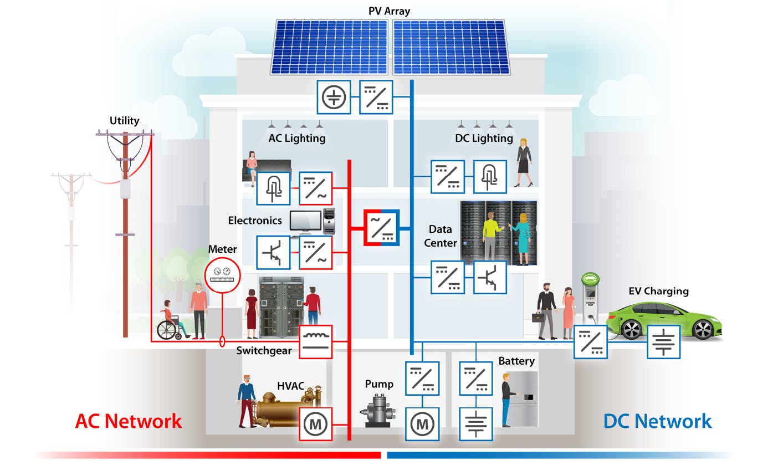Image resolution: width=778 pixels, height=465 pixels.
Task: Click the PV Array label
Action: pyautogui.click(x=389, y=11)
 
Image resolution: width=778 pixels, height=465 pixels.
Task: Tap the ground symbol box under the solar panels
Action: pyautogui.click(x=334, y=97)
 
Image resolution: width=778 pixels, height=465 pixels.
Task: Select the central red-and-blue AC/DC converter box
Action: pyautogui.click(x=381, y=227)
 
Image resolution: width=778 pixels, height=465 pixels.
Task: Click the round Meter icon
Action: pyautogui.click(x=222, y=274)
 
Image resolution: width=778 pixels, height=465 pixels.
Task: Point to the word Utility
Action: pyautogui.click(x=124, y=120)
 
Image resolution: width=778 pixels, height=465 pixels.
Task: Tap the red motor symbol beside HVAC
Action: pyautogui.click(x=315, y=424)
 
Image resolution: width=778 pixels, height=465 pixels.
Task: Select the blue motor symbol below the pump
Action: pyautogui.click(x=422, y=424)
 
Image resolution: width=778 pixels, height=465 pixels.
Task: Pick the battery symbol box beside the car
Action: pyautogui.click(x=663, y=341)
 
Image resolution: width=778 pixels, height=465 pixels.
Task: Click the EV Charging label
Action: pyautogui.click(x=658, y=291)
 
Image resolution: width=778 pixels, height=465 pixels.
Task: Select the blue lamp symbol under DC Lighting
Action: pyautogui.click(x=489, y=177)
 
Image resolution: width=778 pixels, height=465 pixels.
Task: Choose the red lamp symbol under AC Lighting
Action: pyautogui.click(x=273, y=188)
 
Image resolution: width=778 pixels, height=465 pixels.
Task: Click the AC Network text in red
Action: pyautogui.click(x=128, y=421)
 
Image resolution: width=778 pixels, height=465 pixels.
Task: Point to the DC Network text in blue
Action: pyautogui.click(x=657, y=421)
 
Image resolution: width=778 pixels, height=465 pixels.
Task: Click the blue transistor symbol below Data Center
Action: pyautogui.click(x=489, y=277)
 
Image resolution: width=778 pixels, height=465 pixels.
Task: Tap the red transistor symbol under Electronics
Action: pyautogui.click(x=273, y=253)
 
